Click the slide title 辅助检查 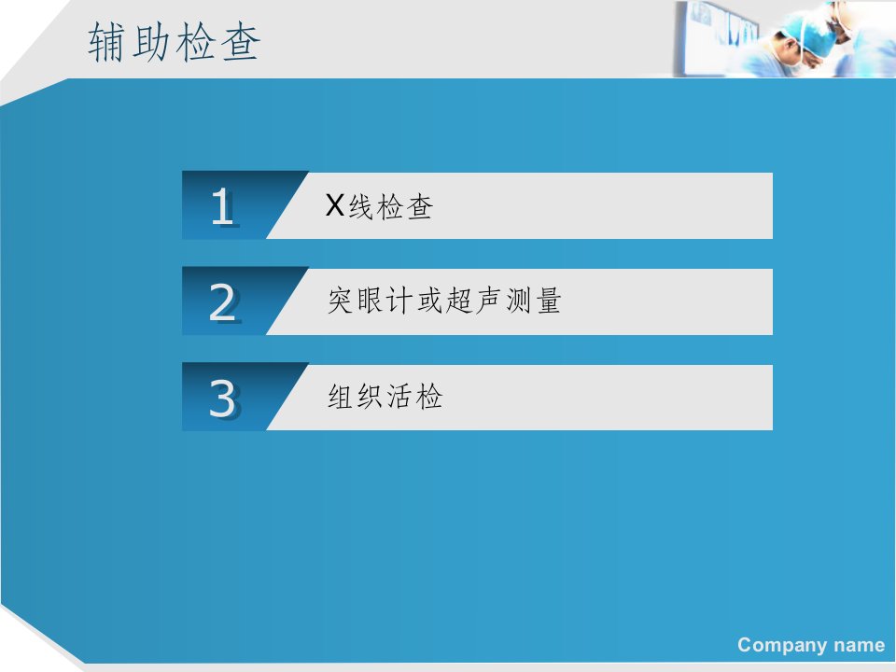point(174,42)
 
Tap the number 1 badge point(222,205)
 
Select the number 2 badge point(222,301)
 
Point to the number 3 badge point(222,398)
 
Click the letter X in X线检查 point(335,204)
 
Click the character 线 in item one point(361,206)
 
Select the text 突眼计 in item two point(370,301)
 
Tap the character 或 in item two point(429,301)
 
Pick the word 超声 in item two point(473,301)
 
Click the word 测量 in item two point(533,301)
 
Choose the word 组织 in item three point(355,396)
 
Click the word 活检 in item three point(414,396)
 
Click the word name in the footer point(860,645)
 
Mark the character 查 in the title point(241,42)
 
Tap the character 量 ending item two point(549,301)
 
